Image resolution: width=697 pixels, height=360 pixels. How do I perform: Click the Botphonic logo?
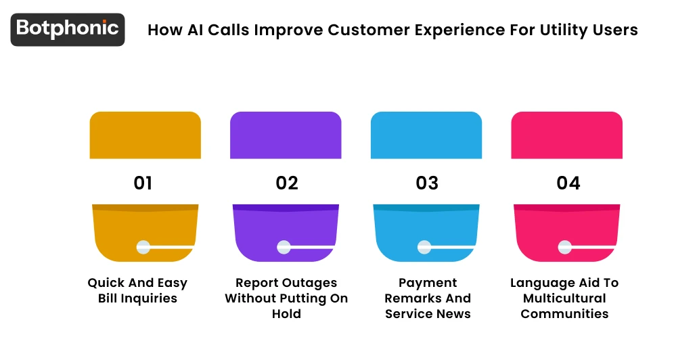click(x=68, y=29)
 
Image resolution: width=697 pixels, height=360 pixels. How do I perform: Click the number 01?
click(x=143, y=183)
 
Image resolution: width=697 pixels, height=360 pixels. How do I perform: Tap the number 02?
click(x=287, y=183)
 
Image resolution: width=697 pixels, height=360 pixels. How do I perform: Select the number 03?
click(x=427, y=183)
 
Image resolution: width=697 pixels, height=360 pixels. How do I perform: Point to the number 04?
click(x=568, y=183)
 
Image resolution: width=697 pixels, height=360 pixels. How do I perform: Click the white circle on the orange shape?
click(x=143, y=247)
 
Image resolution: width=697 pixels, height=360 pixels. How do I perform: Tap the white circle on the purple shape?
click(x=284, y=247)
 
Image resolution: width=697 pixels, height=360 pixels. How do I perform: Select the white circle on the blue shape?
click(x=424, y=247)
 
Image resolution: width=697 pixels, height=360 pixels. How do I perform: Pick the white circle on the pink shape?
click(x=565, y=247)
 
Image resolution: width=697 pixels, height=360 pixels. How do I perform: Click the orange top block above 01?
click(x=145, y=135)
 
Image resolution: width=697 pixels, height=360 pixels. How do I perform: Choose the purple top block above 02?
click(x=286, y=135)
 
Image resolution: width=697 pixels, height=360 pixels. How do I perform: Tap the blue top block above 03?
click(x=426, y=135)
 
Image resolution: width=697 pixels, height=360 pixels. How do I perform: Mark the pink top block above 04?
click(x=566, y=135)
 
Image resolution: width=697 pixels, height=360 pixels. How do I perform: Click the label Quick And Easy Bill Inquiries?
click(x=137, y=290)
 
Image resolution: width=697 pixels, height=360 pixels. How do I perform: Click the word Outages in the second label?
click(x=310, y=283)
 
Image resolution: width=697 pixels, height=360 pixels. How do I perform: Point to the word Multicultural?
click(x=564, y=298)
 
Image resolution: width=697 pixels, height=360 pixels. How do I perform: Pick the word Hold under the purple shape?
click(x=287, y=314)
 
